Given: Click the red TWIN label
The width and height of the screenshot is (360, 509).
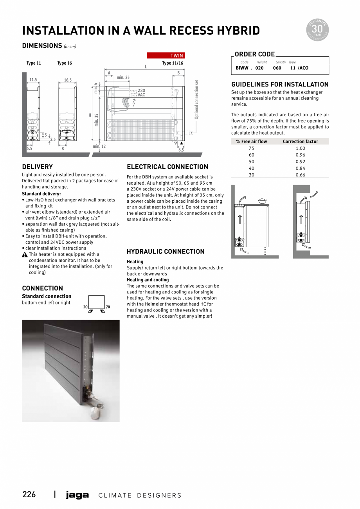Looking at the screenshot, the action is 166,56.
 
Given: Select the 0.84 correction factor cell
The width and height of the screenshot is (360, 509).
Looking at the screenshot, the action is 300,168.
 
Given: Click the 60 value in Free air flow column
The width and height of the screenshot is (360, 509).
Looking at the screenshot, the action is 251,155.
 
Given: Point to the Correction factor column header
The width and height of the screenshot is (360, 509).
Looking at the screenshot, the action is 300,141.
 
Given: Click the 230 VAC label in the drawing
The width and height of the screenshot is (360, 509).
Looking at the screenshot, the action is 141,92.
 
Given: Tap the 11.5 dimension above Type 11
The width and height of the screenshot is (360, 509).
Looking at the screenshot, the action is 33,80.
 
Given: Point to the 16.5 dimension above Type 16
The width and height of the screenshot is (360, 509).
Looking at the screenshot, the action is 68,80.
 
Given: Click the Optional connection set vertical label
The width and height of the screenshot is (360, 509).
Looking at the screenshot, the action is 196,99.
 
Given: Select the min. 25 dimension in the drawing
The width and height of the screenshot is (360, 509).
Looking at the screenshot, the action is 123,77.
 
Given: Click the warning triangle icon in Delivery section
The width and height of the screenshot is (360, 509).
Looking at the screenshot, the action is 25,254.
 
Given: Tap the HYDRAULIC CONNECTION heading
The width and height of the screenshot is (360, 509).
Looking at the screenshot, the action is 166,252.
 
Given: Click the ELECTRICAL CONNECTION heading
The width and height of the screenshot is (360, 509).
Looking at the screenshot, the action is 167,167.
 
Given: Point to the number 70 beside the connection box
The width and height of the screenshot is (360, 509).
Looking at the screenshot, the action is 108,307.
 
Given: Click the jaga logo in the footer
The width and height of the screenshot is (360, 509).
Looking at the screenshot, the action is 77,495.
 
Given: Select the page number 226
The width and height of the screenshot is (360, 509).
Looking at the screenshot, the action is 29,495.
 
